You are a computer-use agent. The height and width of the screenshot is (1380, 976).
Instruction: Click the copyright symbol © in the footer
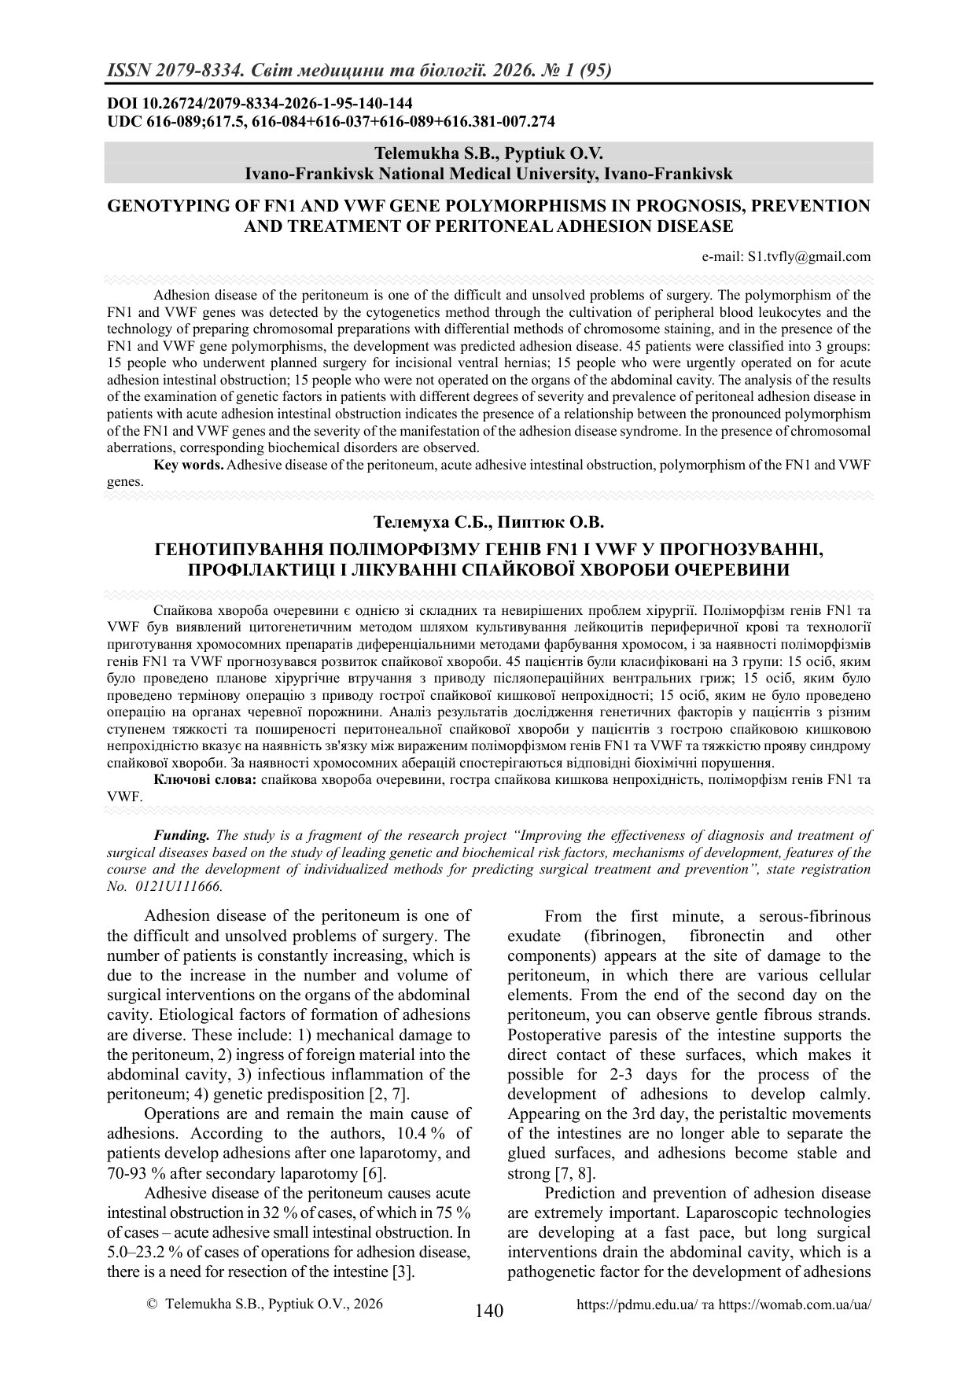[x=153, y=1304]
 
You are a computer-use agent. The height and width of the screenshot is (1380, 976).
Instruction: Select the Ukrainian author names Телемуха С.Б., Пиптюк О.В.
[x=488, y=522]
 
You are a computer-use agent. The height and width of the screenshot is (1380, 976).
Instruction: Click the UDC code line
[x=330, y=121]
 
